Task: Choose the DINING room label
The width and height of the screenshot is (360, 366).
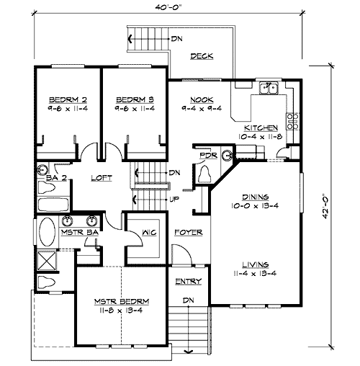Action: click(x=255, y=196)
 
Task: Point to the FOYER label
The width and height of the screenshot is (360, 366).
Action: click(x=189, y=233)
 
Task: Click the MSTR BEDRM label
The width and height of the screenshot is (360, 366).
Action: click(x=121, y=300)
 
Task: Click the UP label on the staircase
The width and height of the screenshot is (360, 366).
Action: click(x=174, y=199)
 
